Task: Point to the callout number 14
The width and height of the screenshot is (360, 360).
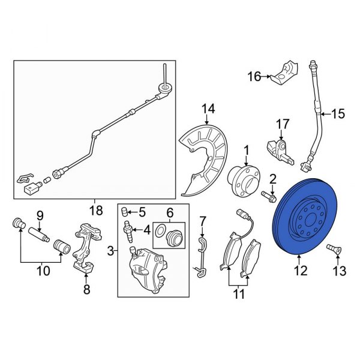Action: [x=208, y=109]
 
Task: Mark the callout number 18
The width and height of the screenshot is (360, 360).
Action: [x=94, y=211]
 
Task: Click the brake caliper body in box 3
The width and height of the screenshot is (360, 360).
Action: [x=147, y=270]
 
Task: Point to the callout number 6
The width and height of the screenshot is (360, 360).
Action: [x=169, y=212]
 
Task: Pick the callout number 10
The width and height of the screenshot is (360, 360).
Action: [x=42, y=272]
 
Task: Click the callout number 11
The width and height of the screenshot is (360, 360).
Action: [x=239, y=293]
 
